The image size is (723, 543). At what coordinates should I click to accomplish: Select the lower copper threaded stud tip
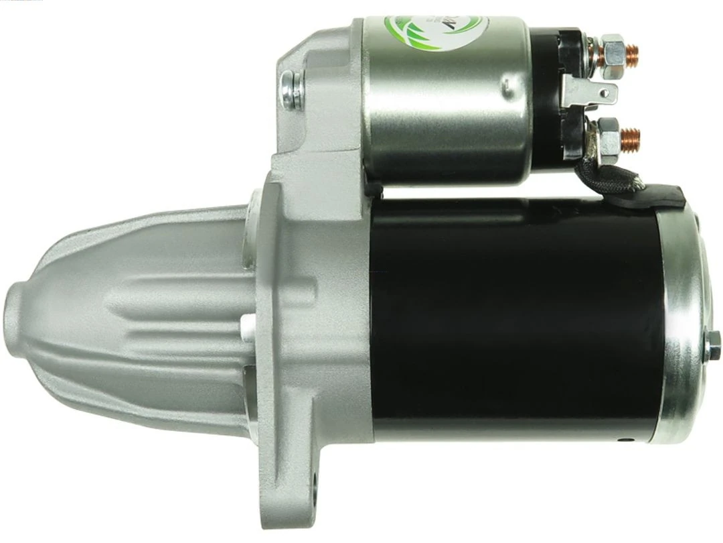pos(631,139)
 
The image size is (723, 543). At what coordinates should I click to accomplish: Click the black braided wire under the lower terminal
pos(616,177)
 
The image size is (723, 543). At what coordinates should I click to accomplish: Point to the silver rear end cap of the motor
pos(683,322)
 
